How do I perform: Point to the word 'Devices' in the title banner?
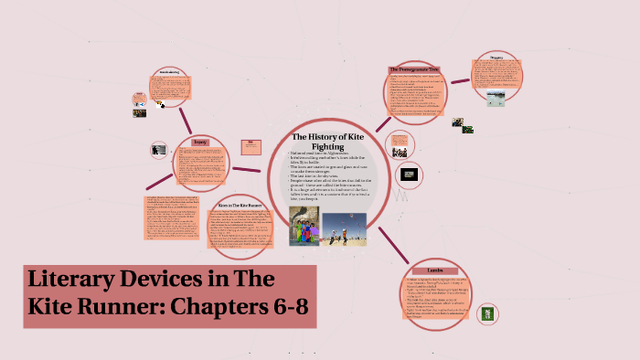[179, 281]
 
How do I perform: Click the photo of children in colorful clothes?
[305, 226]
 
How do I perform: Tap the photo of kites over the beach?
[344, 228]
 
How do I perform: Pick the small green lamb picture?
[487, 313]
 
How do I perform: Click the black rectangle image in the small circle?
[411, 174]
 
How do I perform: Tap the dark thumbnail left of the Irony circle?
[158, 149]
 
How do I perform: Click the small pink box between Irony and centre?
[248, 143]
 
